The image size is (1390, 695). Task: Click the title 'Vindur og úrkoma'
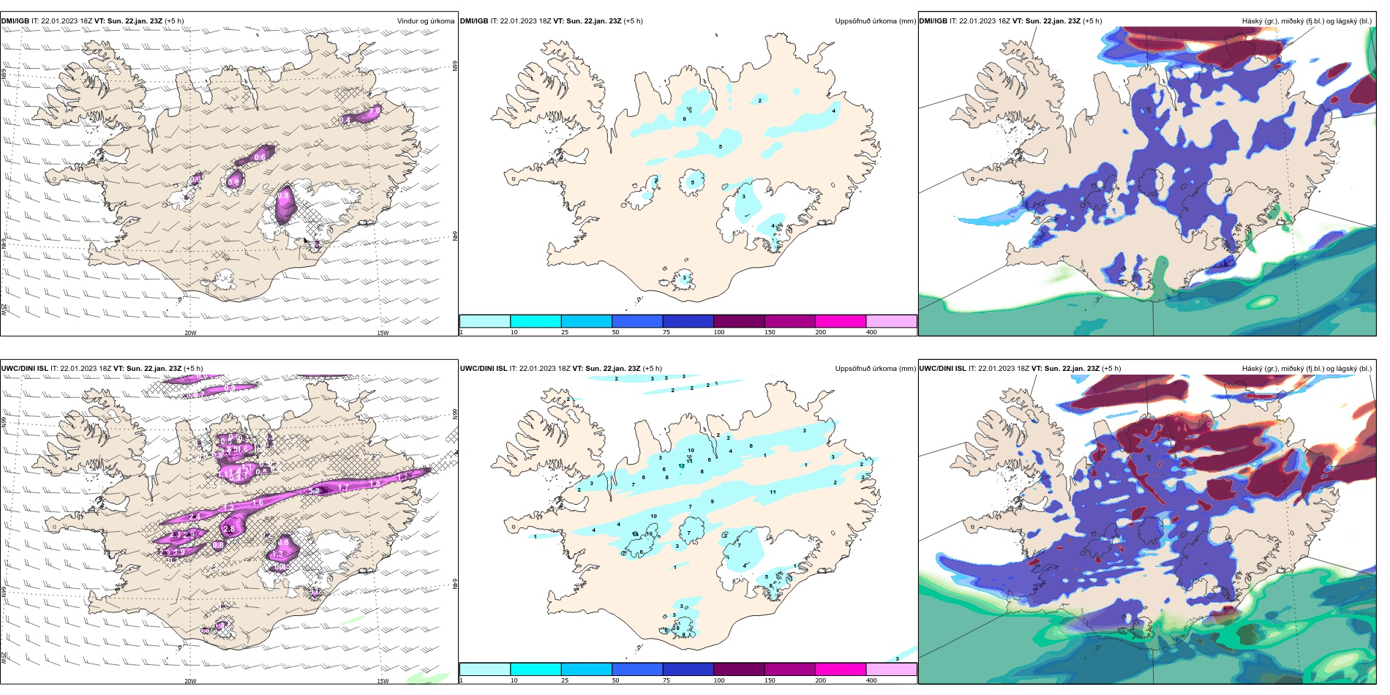(x=425, y=21)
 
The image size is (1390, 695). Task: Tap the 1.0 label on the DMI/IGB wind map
(x=375, y=111)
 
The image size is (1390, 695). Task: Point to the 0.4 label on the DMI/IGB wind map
(x=345, y=120)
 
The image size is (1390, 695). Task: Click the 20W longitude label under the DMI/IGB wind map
(x=190, y=333)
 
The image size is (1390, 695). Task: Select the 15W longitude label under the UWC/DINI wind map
(x=382, y=681)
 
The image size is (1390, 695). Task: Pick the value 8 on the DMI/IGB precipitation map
(x=685, y=119)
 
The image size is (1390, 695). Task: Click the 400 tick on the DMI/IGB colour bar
(x=871, y=332)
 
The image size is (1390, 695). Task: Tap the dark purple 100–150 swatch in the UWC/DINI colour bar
(x=739, y=669)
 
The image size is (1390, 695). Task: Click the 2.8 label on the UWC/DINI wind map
(x=229, y=529)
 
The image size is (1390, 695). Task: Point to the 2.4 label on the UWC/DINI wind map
(x=195, y=516)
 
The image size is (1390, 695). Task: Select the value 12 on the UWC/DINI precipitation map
(x=681, y=466)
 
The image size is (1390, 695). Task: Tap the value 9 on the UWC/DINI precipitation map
(x=712, y=501)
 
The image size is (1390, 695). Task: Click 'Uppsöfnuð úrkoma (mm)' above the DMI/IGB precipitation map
(x=875, y=21)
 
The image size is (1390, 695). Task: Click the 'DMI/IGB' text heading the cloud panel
(x=933, y=21)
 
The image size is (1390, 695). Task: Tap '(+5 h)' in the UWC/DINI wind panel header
(x=193, y=369)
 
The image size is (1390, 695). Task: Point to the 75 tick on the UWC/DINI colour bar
(x=666, y=680)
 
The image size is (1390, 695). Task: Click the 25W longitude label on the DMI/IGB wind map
(x=4, y=309)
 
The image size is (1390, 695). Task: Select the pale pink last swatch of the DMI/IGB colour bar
(x=891, y=321)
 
